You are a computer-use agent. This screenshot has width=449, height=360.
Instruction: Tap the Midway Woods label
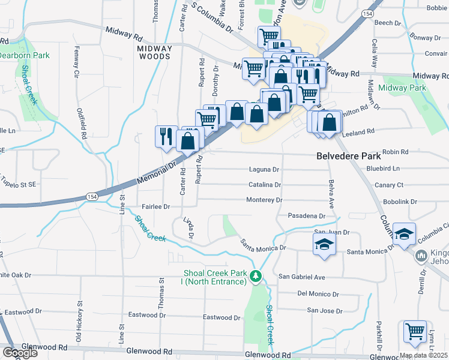(x=154, y=52)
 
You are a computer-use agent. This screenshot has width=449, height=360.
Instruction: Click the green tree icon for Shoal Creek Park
(x=257, y=276)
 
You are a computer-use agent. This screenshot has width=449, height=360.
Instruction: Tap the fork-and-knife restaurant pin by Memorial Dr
(x=164, y=136)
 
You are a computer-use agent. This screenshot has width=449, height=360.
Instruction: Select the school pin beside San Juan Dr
(x=324, y=245)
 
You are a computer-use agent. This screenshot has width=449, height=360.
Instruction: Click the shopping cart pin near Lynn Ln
(x=414, y=332)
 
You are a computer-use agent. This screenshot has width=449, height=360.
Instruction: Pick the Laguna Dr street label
(x=264, y=170)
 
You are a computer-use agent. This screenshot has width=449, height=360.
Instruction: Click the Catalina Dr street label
(x=265, y=185)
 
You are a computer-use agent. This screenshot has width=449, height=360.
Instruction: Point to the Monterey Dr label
(x=264, y=200)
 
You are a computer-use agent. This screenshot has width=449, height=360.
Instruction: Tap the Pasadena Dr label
(x=306, y=215)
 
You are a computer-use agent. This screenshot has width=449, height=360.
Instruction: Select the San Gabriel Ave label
(x=302, y=277)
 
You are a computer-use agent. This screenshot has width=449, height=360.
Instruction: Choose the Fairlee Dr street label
(x=155, y=206)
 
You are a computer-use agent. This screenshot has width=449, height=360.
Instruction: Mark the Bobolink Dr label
(x=400, y=202)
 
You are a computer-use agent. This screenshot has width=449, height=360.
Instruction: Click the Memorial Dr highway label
(x=157, y=172)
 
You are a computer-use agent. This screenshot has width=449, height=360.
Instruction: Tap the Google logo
(x=20, y=353)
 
